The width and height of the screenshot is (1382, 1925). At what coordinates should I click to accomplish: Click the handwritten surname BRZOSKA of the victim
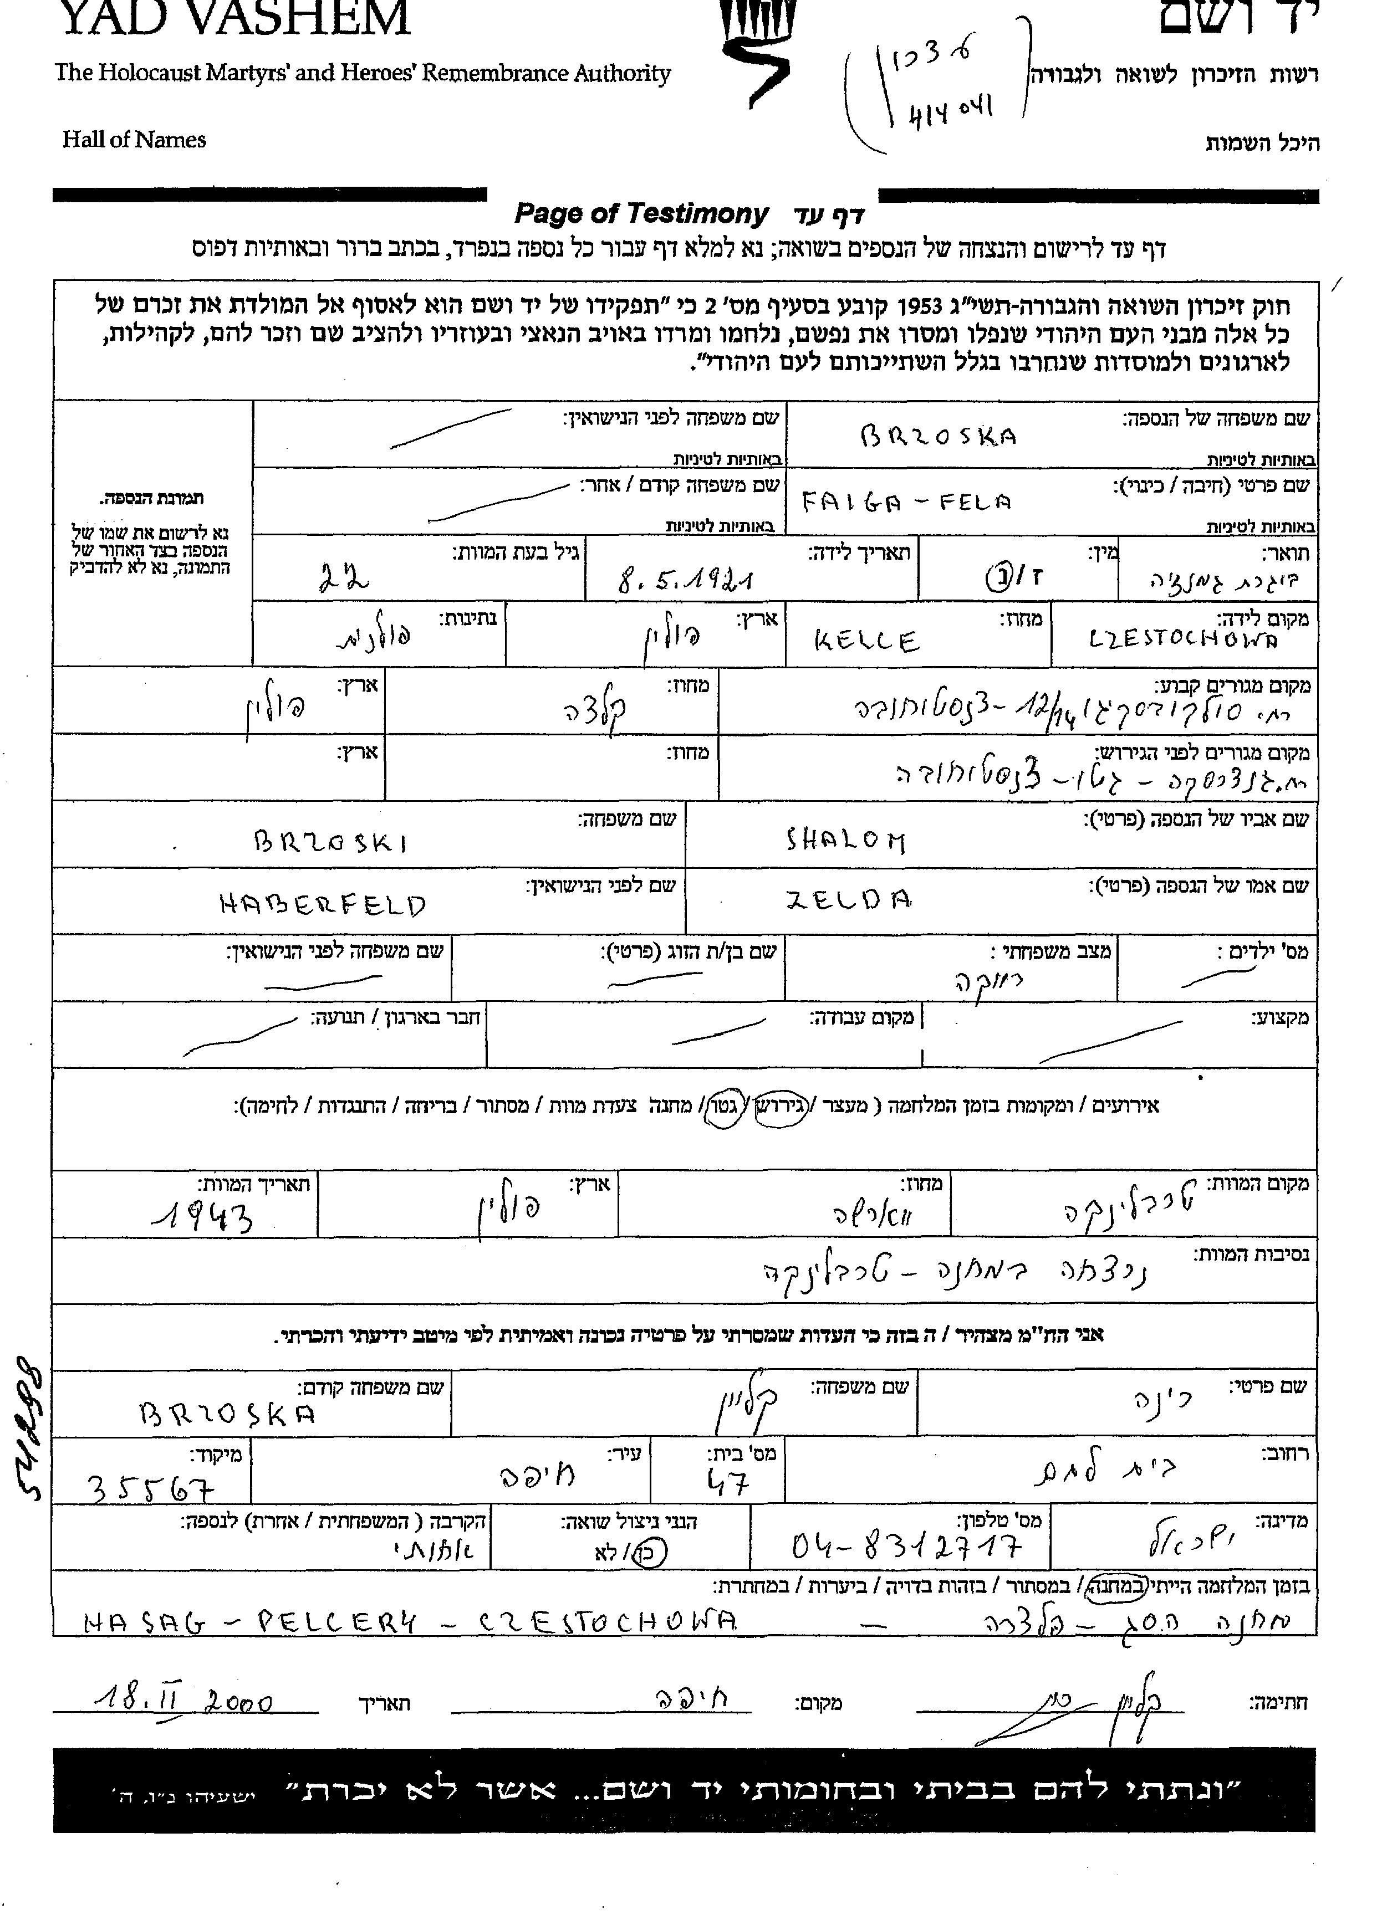point(938,436)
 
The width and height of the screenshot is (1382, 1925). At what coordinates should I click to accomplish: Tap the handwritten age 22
point(344,579)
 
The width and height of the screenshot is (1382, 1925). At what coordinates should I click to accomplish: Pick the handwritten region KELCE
point(866,641)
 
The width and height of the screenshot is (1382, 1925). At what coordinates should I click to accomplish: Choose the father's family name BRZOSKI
point(331,841)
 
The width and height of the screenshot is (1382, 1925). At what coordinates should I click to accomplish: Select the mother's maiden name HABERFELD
point(323,905)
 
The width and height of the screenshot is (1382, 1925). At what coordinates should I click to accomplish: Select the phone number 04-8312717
point(906,1547)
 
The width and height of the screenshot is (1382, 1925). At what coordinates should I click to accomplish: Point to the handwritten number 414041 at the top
point(951,110)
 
